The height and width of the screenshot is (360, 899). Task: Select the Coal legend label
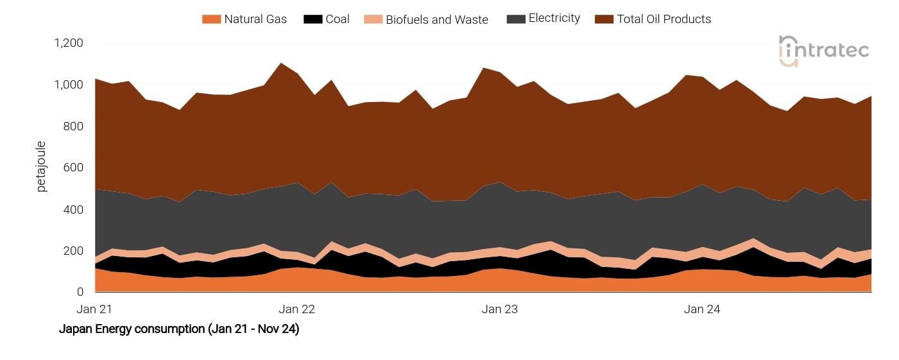pyautogui.click(x=338, y=19)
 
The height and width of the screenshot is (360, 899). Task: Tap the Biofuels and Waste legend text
pyautogui.click(x=437, y=19)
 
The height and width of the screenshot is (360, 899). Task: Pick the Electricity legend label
pyautogui.click(x=554, y=19)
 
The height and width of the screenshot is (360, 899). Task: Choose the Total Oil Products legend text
pyautogui.click(x=664, y=19)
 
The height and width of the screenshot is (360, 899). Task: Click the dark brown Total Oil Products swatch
pyautogui.click(x=604, y=19)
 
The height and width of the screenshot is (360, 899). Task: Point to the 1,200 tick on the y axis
pyautogui.click(x=69, y=44)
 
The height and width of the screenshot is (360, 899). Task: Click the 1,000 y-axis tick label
pyautogui.click(x=69, y=85)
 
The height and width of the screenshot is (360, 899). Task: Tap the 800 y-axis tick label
pyautogui.click(x=74, y=126)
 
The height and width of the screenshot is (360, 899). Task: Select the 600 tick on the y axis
pyautogui.click(x=74, y=168)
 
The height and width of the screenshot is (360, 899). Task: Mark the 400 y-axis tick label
pyautogui.click(x=74, y=209)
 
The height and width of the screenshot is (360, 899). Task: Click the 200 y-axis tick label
pyautogui.click(x=74, y=251)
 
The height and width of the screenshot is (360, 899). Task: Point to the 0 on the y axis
pyautogui.click(x=80, y=292)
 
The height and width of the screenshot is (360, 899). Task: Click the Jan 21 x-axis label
pyautogui.click(x=94, y=309)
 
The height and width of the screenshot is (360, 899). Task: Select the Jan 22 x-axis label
pyautogui.click(x=297, y=309)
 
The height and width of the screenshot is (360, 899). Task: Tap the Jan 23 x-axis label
pyautogui.click(x=500, y=309)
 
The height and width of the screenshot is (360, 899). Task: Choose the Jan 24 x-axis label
pyautogui.click(x=702, y=309)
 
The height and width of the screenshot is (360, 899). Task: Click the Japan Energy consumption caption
pyautogui.click(x=179, y=330)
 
